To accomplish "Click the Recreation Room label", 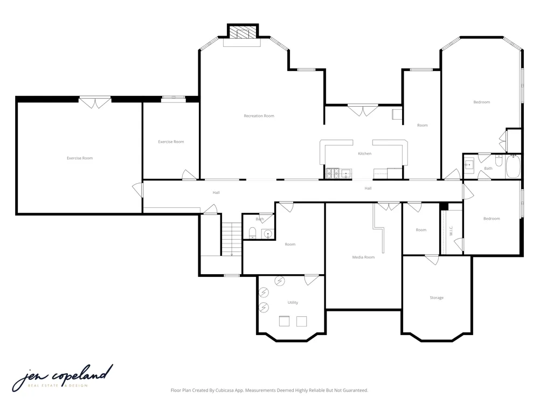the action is pyautogui.click(x=259, y=116).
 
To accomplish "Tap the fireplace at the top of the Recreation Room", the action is pyautogui.click(x=243, y=33).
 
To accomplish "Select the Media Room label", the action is pyautogui.click(x=363, y=257).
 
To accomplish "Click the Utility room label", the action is pyautogui.click(x=293, y=302).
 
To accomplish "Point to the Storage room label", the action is pyautogui.click(x=437, y=297).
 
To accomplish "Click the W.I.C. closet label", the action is pyautogui.click(x=451, y=231).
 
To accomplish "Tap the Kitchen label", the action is pyautogui.click(x=365, y=154).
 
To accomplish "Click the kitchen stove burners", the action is pyautogui.click(x=333, y=173).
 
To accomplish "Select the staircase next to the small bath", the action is pyautogui.click(x=231, y=239).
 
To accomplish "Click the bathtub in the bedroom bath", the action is pyautogui.click(x=513, y=166).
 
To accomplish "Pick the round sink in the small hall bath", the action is pyautogui.click(x=268, y=234).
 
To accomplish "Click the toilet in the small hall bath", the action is pyautogui.click(x=253, y=233).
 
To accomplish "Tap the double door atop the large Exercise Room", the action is pyautogui.click(x=95, y=102).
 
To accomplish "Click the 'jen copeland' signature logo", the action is pyautogui.click(x=63, y=378).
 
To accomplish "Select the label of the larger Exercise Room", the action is pyautogui.click(x=80, y=158).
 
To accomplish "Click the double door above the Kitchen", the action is pyautogui.click(x=363, y=110).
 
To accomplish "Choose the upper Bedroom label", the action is pyautogui.click(x=481, y=102).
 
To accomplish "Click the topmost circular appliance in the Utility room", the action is pyautogui.click(x=279, y=281).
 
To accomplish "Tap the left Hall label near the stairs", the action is pyautogui.click(x=216, y=192).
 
